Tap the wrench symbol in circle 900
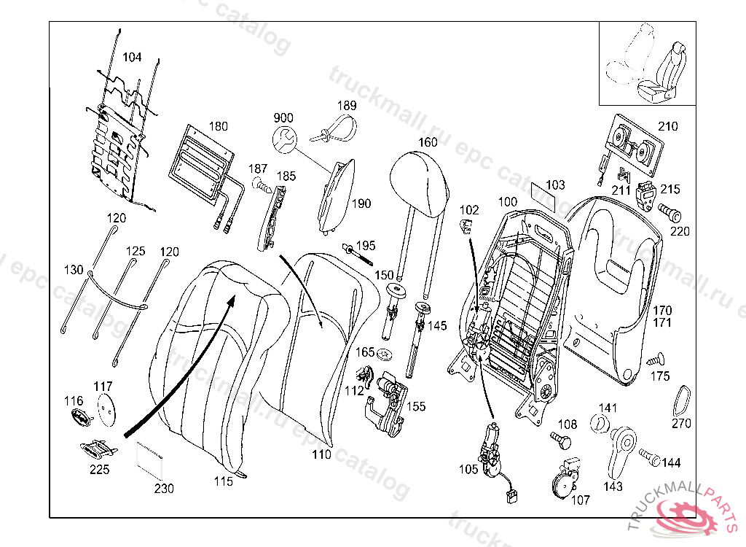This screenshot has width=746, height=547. point(285,139)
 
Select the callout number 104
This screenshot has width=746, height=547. point(132,57)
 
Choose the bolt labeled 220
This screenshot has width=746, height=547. point(670,212)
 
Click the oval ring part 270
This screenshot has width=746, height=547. point(682,401)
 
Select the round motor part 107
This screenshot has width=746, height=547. point(565,478)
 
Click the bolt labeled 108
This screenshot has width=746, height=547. point(560,441)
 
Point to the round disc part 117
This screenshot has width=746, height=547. point(106,409)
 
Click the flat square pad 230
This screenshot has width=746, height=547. point(149,460)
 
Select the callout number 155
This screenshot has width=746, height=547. point(416,406)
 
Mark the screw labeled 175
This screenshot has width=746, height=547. point(656,360)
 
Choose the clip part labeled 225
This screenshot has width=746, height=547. point(98,448)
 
